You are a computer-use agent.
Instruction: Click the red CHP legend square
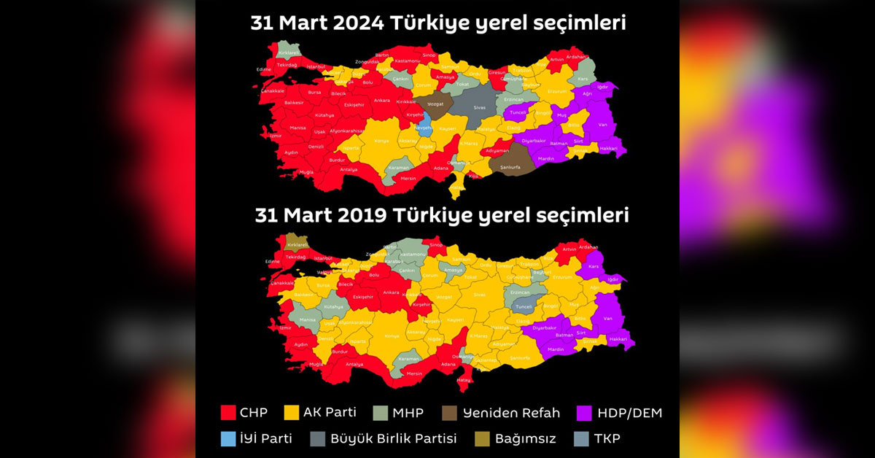click(x=228, y=413)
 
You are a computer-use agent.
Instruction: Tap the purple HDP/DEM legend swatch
click(x=583, y=413)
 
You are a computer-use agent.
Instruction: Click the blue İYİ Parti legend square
click(x=228, y=438)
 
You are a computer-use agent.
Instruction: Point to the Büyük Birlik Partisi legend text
click(x=394, y=438)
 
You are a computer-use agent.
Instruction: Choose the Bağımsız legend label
click(x=525, y=438)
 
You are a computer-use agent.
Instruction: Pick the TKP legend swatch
click(x=580, y=438)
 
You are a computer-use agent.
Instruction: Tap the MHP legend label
click(x=408, y=413)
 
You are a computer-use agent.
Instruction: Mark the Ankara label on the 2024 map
click(x=381, y=100)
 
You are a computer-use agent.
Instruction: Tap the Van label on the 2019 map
click(x=607, y=318)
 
